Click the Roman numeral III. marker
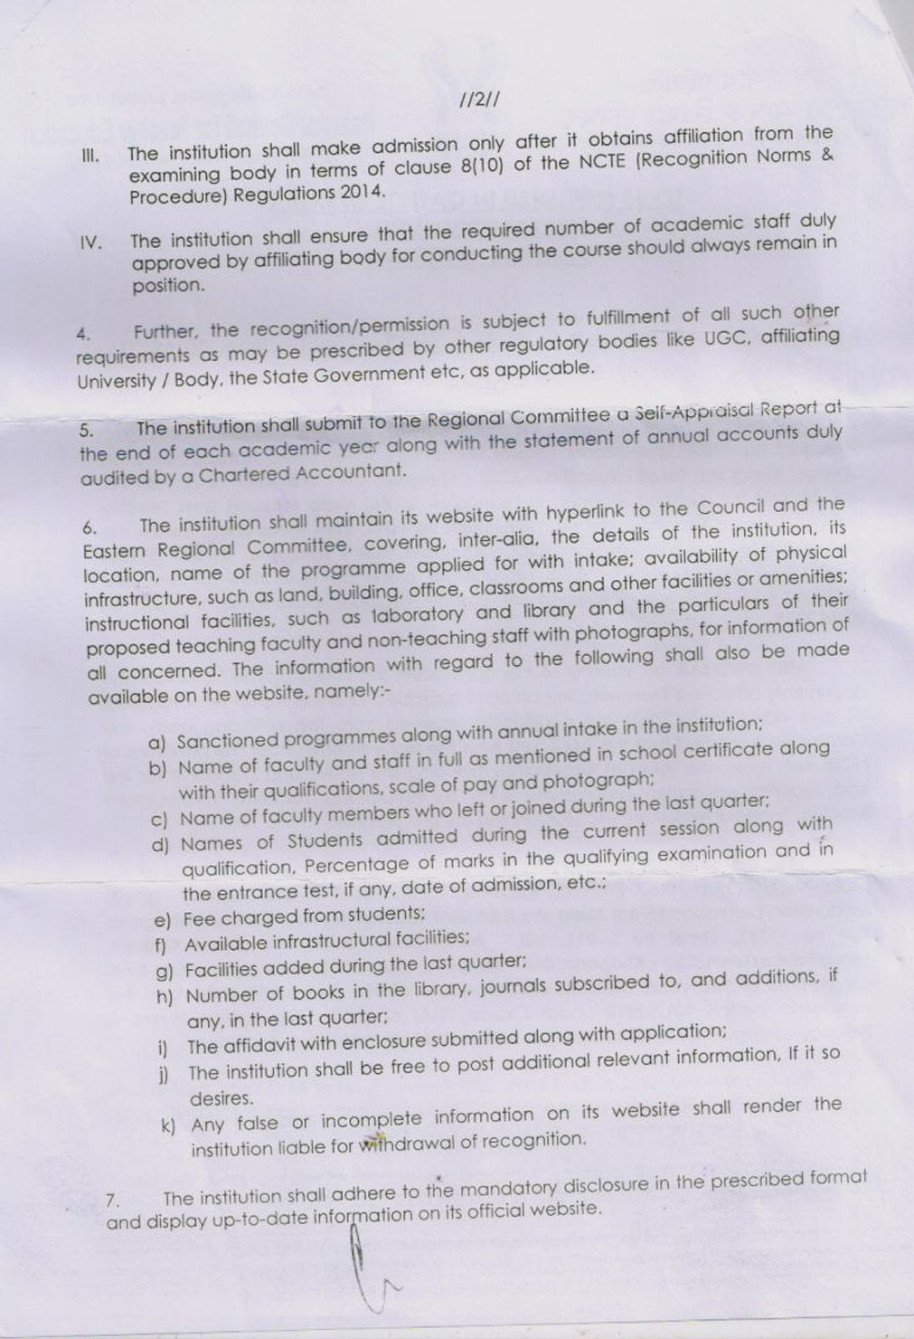90,155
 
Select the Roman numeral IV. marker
91,242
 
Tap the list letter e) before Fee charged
163,921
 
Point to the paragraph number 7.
112,1201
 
